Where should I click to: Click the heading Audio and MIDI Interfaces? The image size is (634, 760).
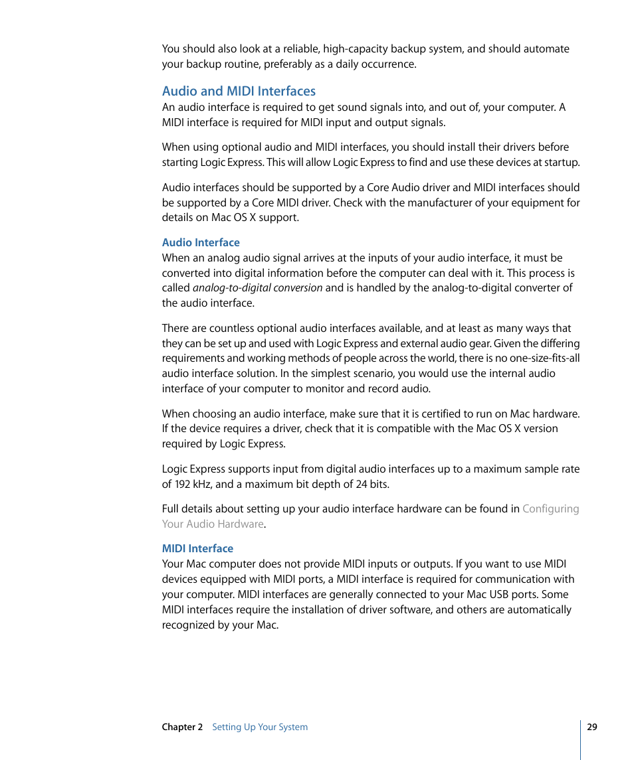click(239, 92)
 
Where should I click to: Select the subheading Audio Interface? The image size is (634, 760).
click(201, 243)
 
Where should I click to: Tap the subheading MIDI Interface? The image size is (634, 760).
click(197, 549)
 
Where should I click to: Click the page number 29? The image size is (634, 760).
click(592, 727)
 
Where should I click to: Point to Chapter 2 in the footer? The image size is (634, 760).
click(182, 727)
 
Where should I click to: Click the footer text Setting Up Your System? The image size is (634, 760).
click(260, 727)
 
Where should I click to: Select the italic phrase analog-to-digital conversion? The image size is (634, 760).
click(257, 288)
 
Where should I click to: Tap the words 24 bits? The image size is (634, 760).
click(372, 485)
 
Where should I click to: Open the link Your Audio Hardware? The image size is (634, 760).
click(213, 524)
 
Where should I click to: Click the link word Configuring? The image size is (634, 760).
click(551, 509)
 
